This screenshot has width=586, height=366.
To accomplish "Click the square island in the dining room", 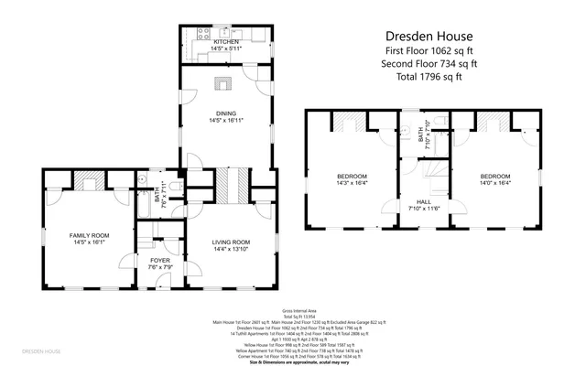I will pos(224,85).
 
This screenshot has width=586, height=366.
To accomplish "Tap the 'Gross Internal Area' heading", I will pos(292,311).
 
